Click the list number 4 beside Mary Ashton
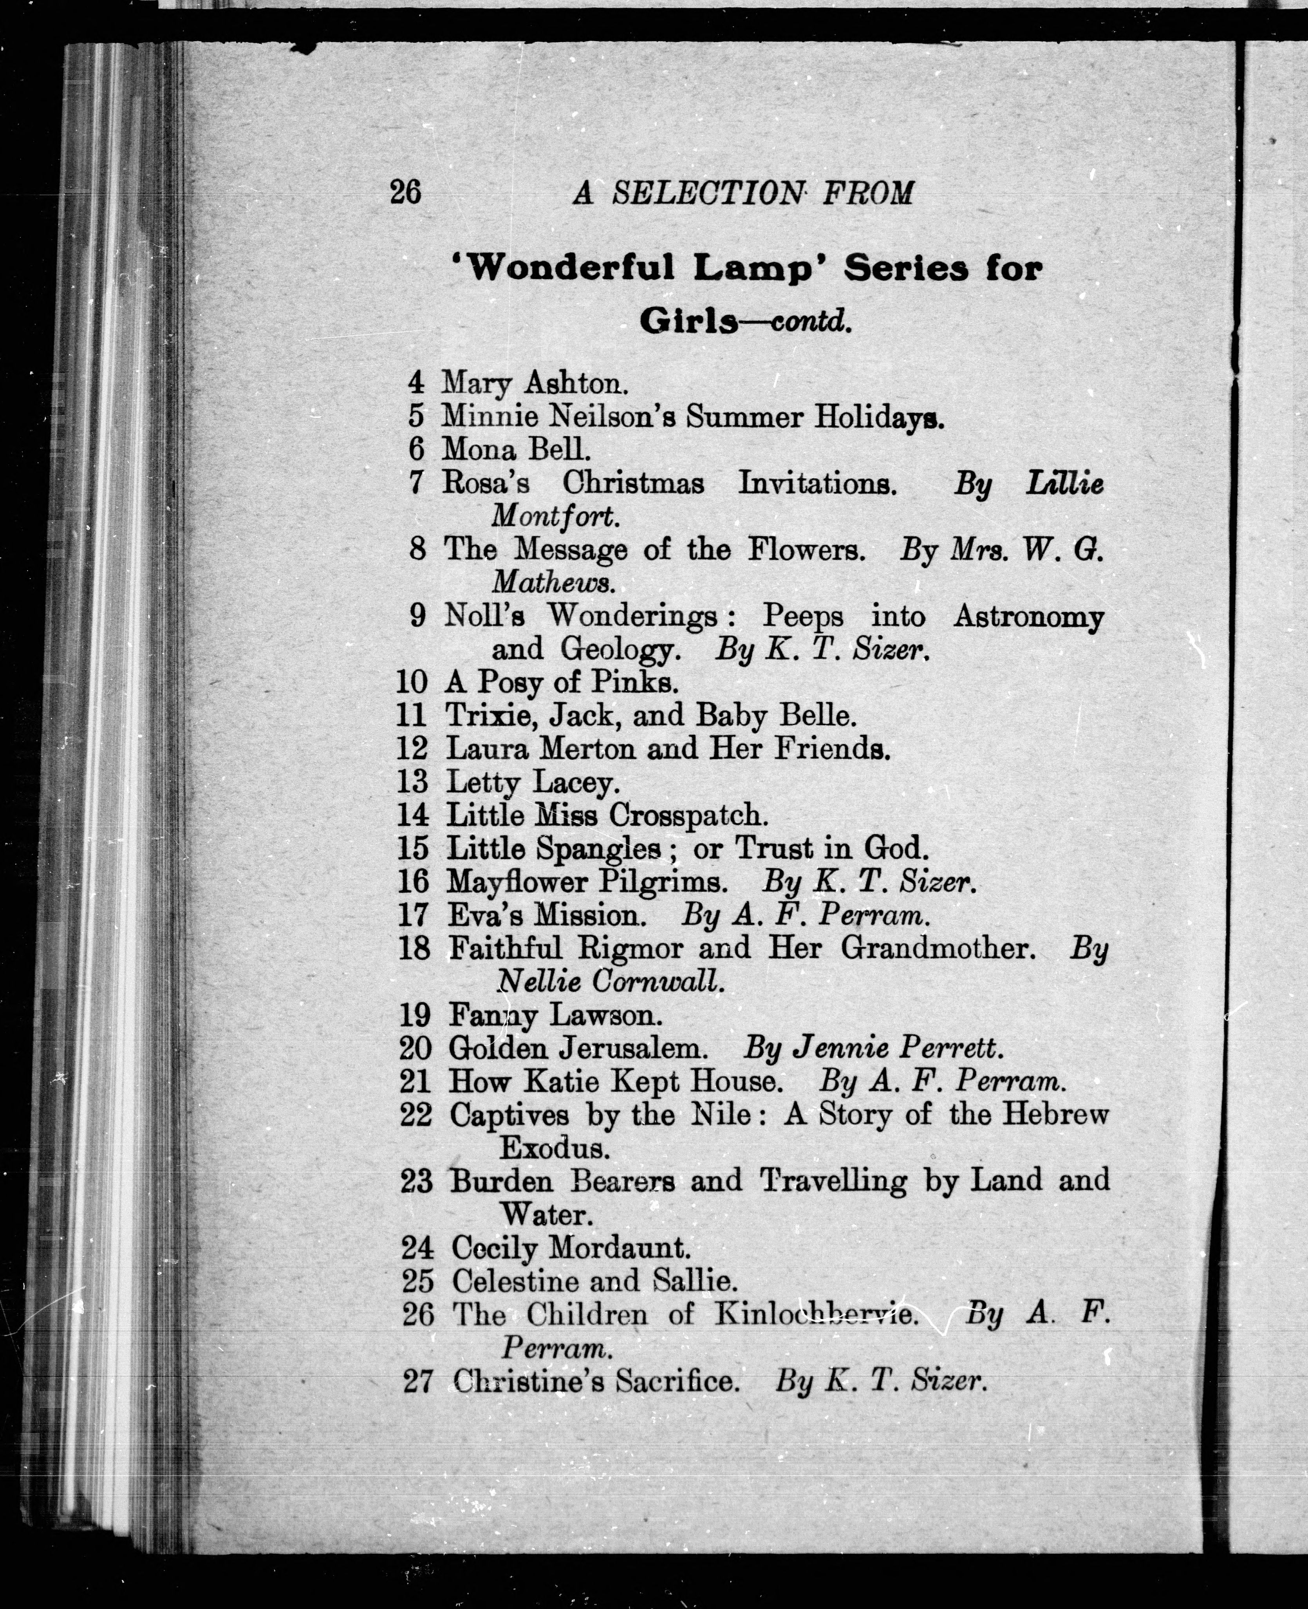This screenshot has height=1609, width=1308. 416,382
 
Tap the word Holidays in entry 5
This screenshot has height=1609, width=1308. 879,416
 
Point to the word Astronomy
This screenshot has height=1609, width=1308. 1028,616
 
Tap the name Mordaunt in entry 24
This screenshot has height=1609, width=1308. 619,1248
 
